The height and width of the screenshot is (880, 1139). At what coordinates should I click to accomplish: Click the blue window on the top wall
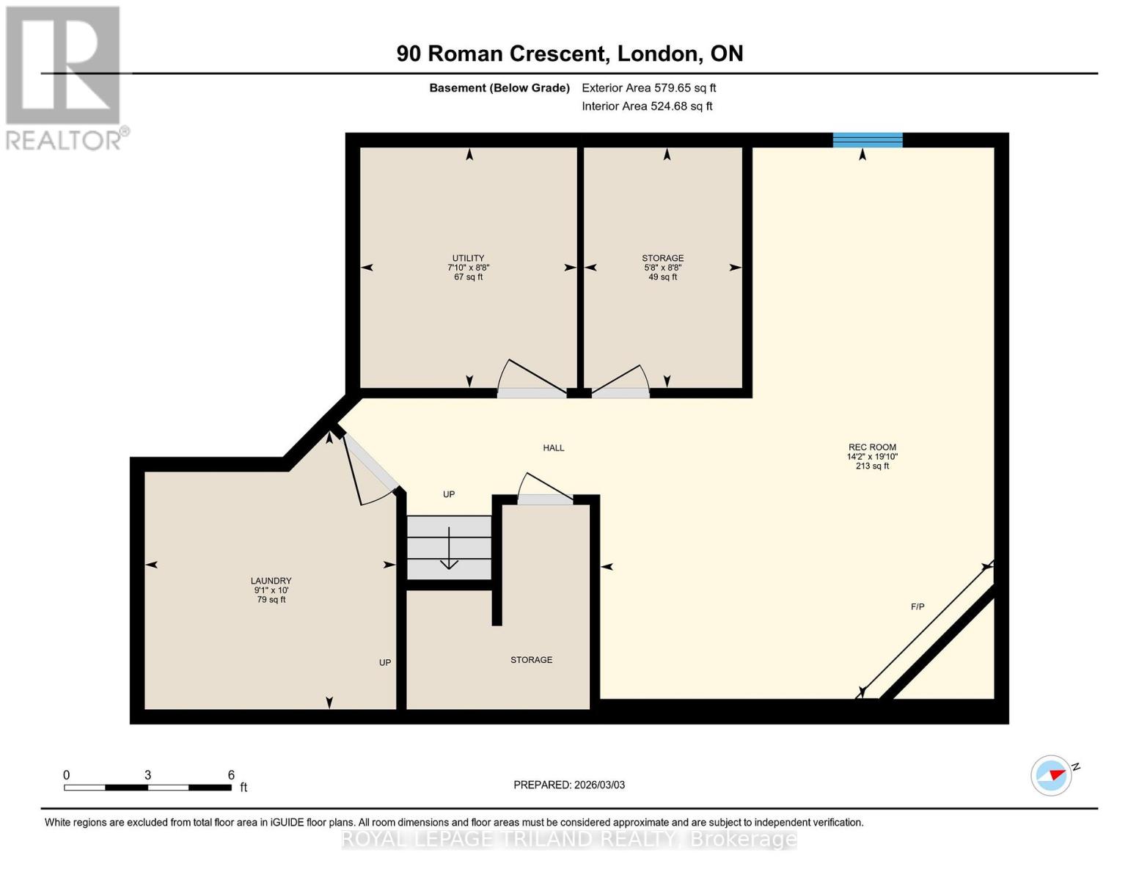coord(868,140)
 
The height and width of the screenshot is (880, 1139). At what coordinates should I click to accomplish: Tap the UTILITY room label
coord(468,258)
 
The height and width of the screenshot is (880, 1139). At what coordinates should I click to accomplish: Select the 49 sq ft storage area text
coord(662,277)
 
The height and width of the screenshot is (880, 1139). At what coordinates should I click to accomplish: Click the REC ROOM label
coord(872,447)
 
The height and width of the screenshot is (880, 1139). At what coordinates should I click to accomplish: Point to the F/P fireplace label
coord(918,606)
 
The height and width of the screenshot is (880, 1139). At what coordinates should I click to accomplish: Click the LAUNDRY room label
coord(271,581)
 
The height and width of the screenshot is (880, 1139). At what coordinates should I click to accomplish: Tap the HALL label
coord(554,448)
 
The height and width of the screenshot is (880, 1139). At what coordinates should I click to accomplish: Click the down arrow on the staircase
coord(449,550)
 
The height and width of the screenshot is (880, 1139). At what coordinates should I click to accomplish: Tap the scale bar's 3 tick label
coord(148,775)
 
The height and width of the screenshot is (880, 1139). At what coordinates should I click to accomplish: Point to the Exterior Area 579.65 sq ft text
coord(648,88)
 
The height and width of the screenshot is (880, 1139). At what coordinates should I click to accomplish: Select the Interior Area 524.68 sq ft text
coord(647,106)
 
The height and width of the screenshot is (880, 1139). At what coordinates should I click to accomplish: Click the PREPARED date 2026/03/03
coord(569,785)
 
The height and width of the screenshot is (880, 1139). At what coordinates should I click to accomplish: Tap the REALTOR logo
coord(65,78)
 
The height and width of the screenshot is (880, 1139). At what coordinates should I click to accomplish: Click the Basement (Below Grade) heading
coord(499,88)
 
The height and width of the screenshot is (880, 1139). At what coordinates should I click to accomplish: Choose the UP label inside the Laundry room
coord(385,663)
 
